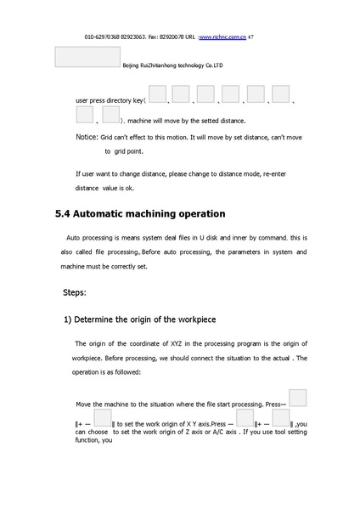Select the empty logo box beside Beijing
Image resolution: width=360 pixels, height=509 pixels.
coord(87,56)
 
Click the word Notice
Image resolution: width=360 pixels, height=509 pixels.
coord(87,137)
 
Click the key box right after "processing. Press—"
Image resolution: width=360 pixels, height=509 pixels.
coord(297,398)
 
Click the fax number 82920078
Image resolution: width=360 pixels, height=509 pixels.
coord(173,38)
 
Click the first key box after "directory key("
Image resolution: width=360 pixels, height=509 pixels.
coord(157,93)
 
